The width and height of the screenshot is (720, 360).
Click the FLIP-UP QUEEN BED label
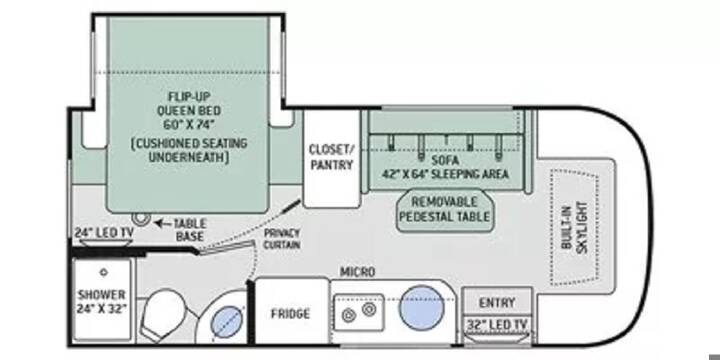point(189,111)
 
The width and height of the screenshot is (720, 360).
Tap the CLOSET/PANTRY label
point(331,157)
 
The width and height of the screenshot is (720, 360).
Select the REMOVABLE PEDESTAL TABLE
point(444,208)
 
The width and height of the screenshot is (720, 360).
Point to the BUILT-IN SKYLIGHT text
point(574,226)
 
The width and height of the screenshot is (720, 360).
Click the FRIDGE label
point(290,314)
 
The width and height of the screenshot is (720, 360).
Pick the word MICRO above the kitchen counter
point(357,272)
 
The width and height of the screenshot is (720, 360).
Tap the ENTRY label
point(497,303)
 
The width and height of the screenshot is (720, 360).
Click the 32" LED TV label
point(496,325)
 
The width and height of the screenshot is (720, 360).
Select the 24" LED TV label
point(104,232)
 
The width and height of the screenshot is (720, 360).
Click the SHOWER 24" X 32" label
point(101,301)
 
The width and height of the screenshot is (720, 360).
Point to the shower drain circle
point(104,272)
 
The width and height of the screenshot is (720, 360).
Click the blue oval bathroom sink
point(226,321)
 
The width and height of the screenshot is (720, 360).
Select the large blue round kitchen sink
point(422,307)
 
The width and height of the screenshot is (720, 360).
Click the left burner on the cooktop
point(349,316)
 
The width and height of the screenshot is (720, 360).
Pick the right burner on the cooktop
point(369,309)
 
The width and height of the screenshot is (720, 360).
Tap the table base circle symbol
point(138,218)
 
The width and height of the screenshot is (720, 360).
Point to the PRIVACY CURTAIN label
point(281,238)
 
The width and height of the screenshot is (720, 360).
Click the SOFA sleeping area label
point(446,168)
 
